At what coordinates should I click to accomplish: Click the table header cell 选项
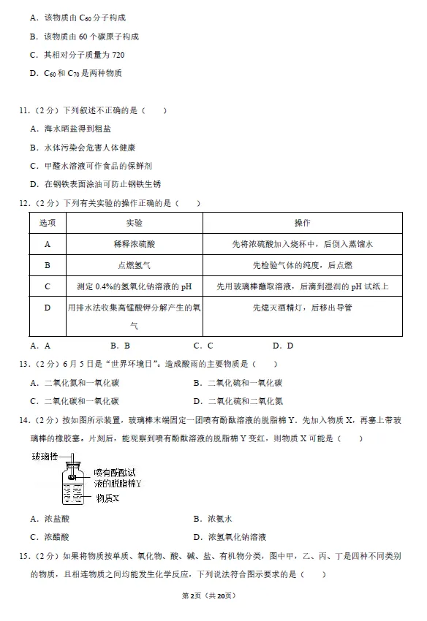pyautogui.click(x=48, y=223)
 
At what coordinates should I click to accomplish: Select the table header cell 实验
pyautogui.click(x=135, y=223)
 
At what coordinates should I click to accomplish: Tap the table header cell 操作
pyautogui.click(x=302, y=223)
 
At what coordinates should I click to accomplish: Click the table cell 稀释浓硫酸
pyautogui.click(x=135, y=245)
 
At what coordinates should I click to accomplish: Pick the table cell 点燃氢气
pyautogui.click(x=135, y=265)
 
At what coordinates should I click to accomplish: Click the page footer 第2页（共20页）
pyautogui.click(x=213, y=595)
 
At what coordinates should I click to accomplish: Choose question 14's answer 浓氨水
pyautogui.click(x=219, y=519)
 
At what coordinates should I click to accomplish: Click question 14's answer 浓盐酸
pyautogui.click(x=56, y=519)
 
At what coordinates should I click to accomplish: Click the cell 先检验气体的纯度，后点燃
pyautogui.click(x=302, y=265)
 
